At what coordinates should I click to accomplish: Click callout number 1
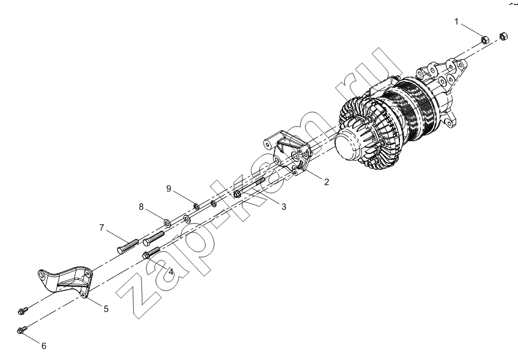click(457, 22)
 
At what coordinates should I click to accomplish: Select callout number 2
click(327, 182)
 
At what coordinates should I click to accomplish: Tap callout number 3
click(284, 207)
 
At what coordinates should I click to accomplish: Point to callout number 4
click(171, 272)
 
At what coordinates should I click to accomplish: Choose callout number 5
click(106, 309)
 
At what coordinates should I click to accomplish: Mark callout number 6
click(44, 346)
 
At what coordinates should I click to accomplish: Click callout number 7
click(102, 227)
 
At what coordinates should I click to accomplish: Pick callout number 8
click(141, 207)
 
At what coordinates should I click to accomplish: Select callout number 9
click(169, 189)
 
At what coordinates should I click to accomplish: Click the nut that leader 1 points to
click(484, 40)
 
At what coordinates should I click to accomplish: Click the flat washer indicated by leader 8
click(167, 222)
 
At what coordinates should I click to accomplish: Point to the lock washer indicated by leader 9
click(196, 207)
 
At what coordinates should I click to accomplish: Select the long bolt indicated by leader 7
click(128, 246)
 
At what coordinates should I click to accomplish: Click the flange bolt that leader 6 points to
click(23, 329)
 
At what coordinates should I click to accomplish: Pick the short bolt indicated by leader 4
click(151, 252)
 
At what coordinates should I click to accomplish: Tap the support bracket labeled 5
click(65, 280)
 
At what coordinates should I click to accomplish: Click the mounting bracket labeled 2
click(287, 153)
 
